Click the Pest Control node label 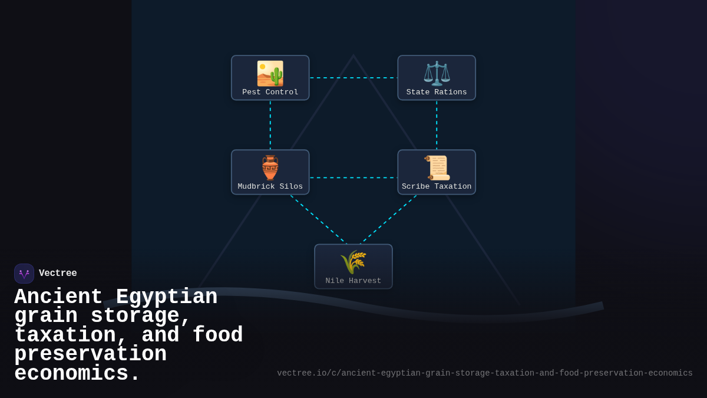coord(270,93)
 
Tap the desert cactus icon coord(270,74)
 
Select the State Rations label coord(437,93)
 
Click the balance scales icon coord(437,74)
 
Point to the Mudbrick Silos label coord(270,187)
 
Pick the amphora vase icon coord(270,167)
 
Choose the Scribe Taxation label coord(437,187)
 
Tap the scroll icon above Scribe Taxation coord(437,167)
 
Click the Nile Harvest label coord(353,281)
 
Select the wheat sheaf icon coord(353,262)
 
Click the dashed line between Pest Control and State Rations coord(353,78)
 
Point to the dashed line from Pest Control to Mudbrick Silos coord(270,125)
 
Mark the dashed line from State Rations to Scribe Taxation coord(437,125)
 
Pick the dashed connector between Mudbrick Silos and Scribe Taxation coord(353,177)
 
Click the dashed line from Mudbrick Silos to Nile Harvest coord(318,219)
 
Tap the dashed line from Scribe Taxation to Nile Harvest coord(389,219)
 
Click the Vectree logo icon coord(24,274)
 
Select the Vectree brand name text coord(58,274)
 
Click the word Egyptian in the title coord(167,297)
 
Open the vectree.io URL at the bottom coord(484,373)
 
